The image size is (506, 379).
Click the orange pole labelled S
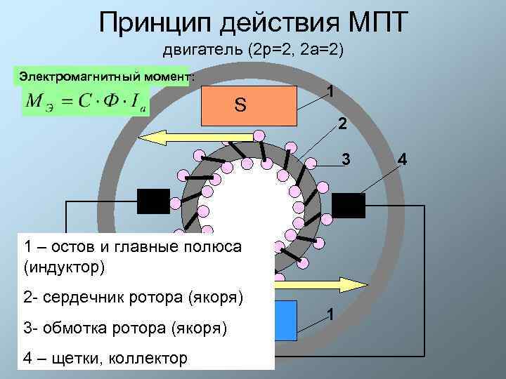tap(249, 105)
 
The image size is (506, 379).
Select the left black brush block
tap(153, 201)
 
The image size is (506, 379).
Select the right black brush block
tap(348, 204)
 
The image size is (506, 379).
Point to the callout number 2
tap(342, 125)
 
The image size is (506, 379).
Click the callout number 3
tap(345, 159)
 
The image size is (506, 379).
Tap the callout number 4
tap(401, 159)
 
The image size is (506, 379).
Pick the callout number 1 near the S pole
tap(330, 92)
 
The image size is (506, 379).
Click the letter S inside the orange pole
tap(240, 105)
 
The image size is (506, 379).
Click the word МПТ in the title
tap(371, 22)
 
